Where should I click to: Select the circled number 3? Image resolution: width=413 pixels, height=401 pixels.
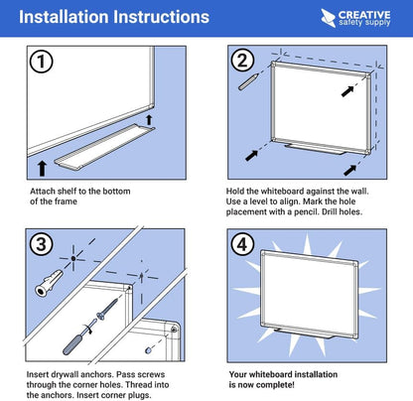point(41,242)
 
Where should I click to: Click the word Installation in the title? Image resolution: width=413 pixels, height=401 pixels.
point(63,18)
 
